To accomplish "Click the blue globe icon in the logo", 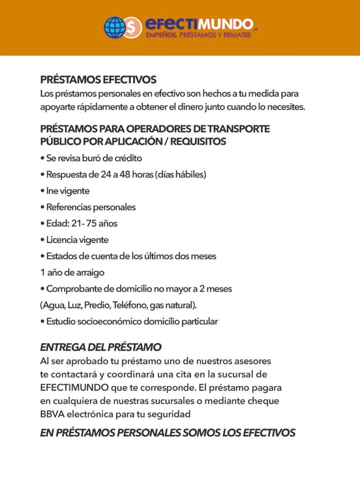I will point(115,27).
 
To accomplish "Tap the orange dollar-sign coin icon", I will point(133,28).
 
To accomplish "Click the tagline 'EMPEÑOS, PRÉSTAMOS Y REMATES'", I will point(198,36).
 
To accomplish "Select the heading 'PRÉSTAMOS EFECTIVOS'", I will point(98,80).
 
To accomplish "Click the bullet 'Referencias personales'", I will point(90,207).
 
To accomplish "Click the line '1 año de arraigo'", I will point(72,273).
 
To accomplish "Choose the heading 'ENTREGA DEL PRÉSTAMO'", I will point(101,347).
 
